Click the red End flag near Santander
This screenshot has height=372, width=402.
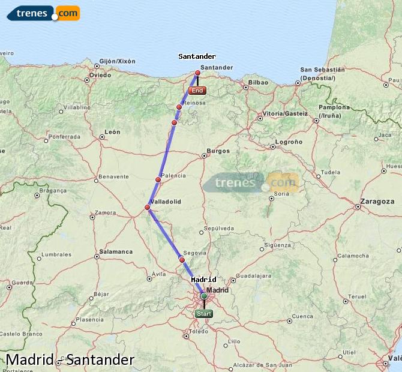pyautogui.click(x=197, y=91)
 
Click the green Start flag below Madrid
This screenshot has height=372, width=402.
pyautogui.click(x=204, y=313)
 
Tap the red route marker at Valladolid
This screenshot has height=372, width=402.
pyautogui.click(x=148, y=208)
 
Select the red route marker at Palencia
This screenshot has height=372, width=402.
pyautogui.click(x=158, y=179)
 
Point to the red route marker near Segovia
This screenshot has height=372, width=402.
pyautogui.click(x=182, y=260)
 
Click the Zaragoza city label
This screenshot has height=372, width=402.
pyautogui.click(x=377, y=202)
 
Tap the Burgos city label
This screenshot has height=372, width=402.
pyautogui.click(x=218, y=151)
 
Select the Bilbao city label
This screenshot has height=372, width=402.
pyautogui.click(x=258, y=82)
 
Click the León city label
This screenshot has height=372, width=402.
pyautogui.click(x=112, y=132)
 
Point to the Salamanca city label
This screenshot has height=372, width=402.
pyautogui.click(x=116, y=251)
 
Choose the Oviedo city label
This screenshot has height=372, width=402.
pyautogui.click(x=100, y=75)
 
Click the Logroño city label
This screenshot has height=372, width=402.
pyautogui.click(x=288, y=142)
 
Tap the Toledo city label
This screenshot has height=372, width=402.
pyautogui.click(x=198, y=331)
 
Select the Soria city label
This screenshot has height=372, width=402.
pyautogui.click(x=281, y=193)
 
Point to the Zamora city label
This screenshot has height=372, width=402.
pyautogui.click(x=106, y=212)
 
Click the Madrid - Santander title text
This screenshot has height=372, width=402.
pyautogui.click(x=70, y=360)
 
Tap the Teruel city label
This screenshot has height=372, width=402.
pyautogui.click(x=357, y=296)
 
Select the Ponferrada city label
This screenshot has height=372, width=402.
pyautogui.click(x=64, y=137)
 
